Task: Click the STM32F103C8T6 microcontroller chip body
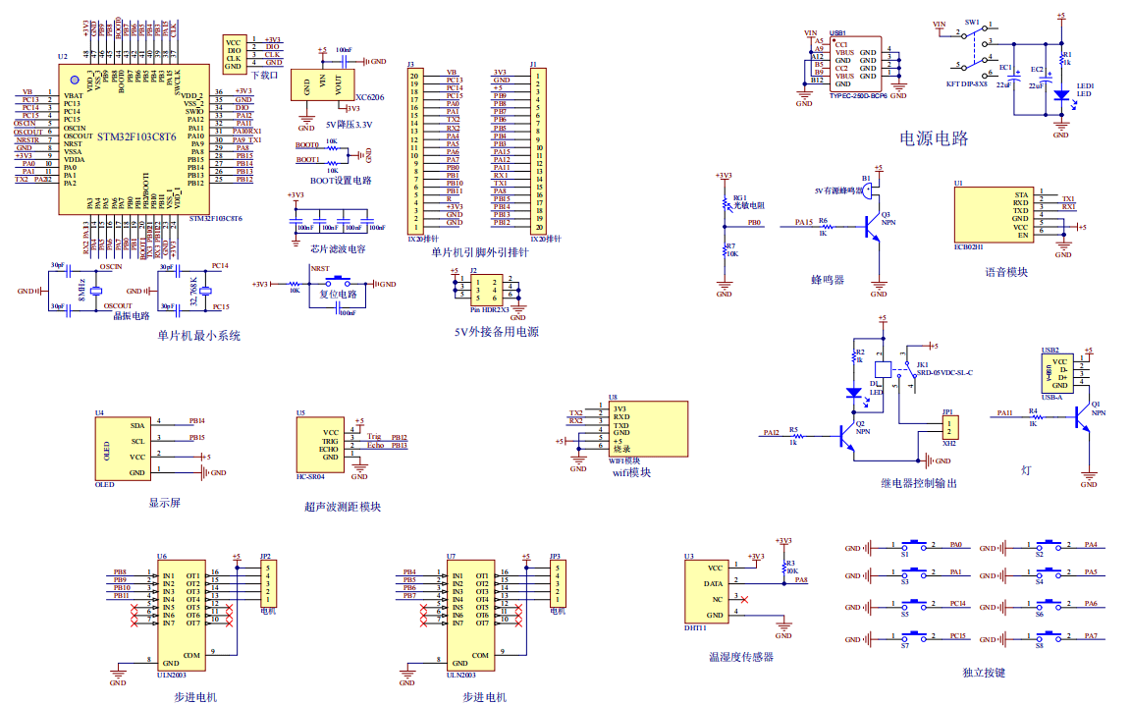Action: point(134,137)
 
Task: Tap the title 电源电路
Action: point(934,137)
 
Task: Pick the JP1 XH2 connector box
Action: point(949,427)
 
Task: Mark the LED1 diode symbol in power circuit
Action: point(1060,95)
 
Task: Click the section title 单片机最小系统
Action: point(199,336)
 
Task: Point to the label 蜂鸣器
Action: point(828,280)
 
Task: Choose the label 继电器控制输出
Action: point(918,483)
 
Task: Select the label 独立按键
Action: point(984,674)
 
